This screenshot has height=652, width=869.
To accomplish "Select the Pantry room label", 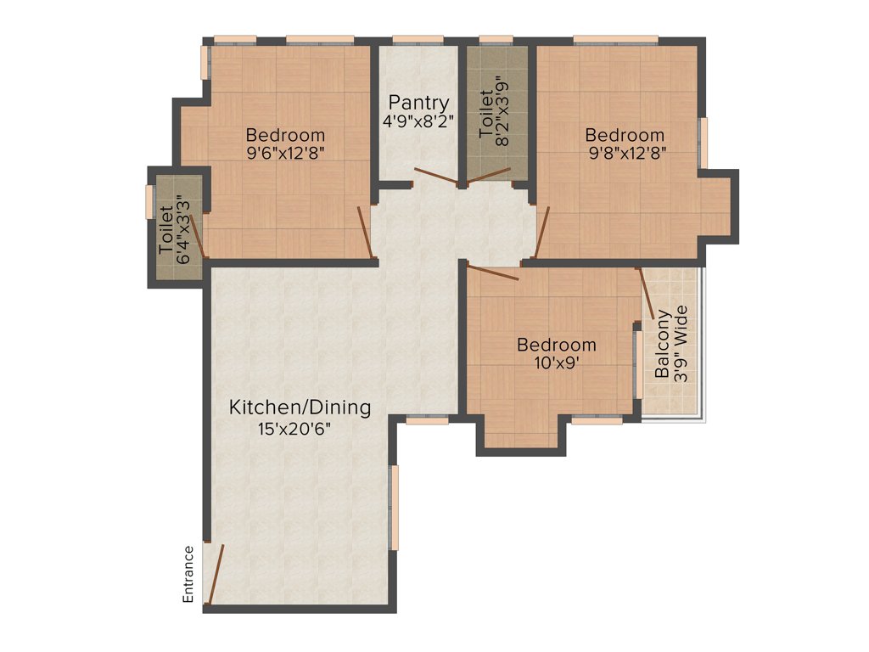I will pyautogui.click(x=418, y=104).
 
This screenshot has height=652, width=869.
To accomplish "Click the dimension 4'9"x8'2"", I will pyautogui.click(x=418, y=121).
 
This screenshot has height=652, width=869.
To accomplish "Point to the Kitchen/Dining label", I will pyautogui.click(x=300, y=407).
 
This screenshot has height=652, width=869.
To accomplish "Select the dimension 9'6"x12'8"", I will pyautogui.click(x=285, y=153).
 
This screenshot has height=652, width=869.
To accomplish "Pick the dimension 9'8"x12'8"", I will pyautogui.click(x=625, y=153).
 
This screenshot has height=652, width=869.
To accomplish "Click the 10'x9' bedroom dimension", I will pyautogui.click(x=557, y=363).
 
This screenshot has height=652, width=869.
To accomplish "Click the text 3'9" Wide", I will pyautogui.click(x=680, y=349).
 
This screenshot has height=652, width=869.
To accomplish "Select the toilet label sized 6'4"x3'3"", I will pyautogui.click(x=166, y=229).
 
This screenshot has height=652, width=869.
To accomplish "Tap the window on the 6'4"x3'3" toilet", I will pyautogui.click(x=149, y=202).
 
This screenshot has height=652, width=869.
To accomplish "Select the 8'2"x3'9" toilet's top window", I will pyautogui.click(x=496, y=39).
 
